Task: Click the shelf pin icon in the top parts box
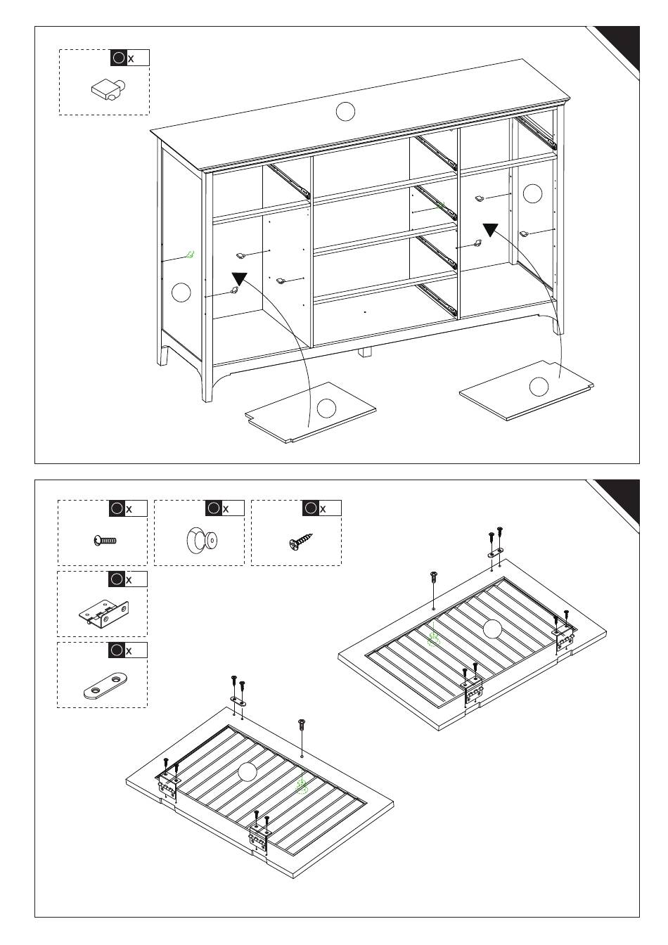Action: tap(108, 89)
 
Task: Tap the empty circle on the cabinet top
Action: tap(345, 111)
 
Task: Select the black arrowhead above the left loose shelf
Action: tap(240, 279)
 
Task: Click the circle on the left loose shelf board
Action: tap(326, 408)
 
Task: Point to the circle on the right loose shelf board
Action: tap(539, 385)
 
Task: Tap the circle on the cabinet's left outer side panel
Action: tap(181, 292)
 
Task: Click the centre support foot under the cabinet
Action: tap(364, 352)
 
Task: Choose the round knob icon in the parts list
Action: tap(202, 540)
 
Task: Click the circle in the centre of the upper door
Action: tap(492, 629)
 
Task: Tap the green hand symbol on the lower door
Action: tap(302, 785)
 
